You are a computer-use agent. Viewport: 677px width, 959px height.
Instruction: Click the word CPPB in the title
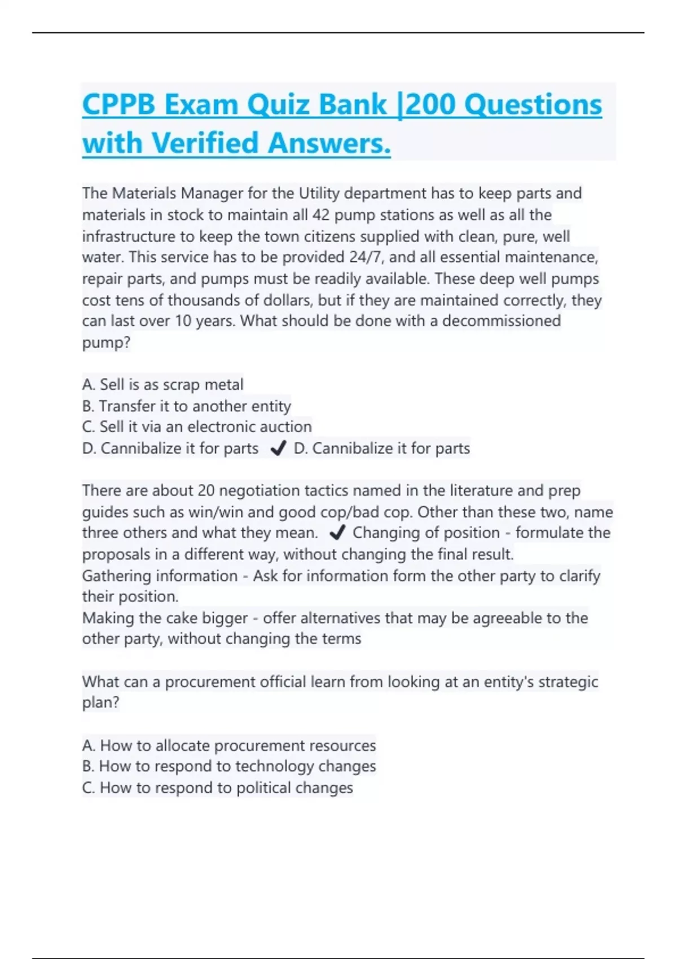pyautogui.click(x=118, y=105)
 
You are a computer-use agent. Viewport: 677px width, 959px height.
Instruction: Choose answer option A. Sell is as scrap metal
pyautogui.click(x=162, y=385)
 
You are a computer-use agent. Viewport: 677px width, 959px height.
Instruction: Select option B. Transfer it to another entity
pyautogui.click(x=186, y=406)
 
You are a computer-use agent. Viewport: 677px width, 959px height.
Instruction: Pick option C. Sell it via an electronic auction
pyautogui.click(x=196, y=427)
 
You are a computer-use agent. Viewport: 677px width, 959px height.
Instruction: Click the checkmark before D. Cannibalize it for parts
pyautogui.click(x=278, y=448)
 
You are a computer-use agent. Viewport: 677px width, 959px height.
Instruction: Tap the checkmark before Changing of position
pyautogui.click(x=337, y=533)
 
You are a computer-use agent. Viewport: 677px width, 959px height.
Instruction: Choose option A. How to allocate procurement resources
pyautogui.click(x=228, y=746)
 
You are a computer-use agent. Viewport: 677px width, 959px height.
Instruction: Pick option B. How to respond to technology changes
pyautogui.click(x=228, y=767)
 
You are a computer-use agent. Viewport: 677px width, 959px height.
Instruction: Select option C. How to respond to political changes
pyautogui.click(x=217, y=788)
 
